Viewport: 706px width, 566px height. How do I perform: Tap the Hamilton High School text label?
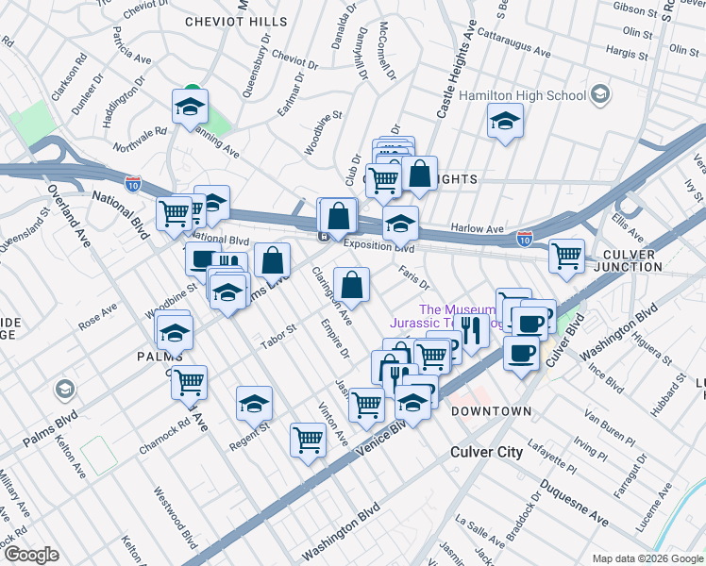tap(523, 95)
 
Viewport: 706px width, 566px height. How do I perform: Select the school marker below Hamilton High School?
tap(505, 122)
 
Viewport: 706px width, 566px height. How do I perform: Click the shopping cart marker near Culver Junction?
tap(566, 256)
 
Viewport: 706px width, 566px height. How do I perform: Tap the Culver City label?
tap(486, 452)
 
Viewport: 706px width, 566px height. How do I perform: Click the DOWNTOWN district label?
tap(491, 412)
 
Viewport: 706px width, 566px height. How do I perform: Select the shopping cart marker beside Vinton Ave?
tap(309, 439)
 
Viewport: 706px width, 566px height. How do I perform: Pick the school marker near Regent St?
tap(254, 404)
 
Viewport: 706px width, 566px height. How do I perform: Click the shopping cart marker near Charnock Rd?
tap(189, 382)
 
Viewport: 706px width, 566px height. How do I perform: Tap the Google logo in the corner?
tap(30, 555)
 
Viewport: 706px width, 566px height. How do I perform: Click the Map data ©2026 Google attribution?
tap(647, 558)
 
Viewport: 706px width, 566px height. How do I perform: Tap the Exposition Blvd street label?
tap(378, 248)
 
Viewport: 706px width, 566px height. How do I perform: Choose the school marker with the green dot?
tap(190, 107)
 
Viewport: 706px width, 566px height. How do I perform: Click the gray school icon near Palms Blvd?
tap(64, 389)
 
